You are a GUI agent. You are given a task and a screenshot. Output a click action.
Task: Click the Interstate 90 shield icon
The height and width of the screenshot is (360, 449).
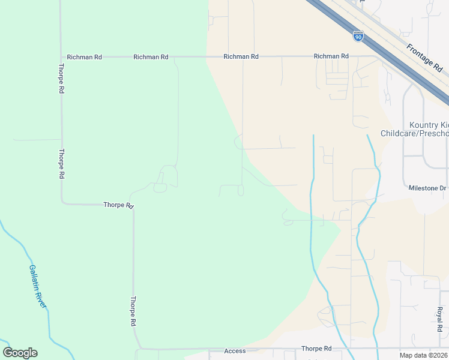pos(358,37)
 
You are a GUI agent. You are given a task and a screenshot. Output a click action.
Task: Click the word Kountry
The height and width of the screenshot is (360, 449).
pos(420,124)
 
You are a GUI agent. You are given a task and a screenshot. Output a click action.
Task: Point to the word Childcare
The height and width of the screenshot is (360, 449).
pos(401,133)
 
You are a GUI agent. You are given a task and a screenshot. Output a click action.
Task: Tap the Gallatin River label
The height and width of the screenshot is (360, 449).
pos(37,287)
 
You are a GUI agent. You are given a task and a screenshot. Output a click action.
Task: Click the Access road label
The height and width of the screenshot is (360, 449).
pos(235,350)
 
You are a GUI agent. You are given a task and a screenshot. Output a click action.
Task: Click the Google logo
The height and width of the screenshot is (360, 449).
pos(20,353)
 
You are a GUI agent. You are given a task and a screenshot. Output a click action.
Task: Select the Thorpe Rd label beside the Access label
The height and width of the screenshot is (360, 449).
pos(316,349)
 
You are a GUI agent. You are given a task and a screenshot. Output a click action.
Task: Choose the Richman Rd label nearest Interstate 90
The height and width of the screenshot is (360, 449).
pos(331,56)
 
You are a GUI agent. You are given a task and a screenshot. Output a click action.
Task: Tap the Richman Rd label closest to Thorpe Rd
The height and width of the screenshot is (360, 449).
pos(85,57)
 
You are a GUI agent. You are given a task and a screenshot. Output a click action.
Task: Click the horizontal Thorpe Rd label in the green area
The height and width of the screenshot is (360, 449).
pos(118,205)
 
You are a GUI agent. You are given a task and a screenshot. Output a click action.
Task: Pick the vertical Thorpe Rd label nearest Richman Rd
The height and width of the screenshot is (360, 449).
pos(61,79)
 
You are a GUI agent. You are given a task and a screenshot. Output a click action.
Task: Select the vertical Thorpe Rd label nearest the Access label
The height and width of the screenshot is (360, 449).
pos(133,311)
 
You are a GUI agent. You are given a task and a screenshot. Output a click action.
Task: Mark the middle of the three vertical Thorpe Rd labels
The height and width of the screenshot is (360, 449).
pos(61,164)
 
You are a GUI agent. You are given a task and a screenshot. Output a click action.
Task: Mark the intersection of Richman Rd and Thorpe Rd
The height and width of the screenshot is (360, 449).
pos(61,57)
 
